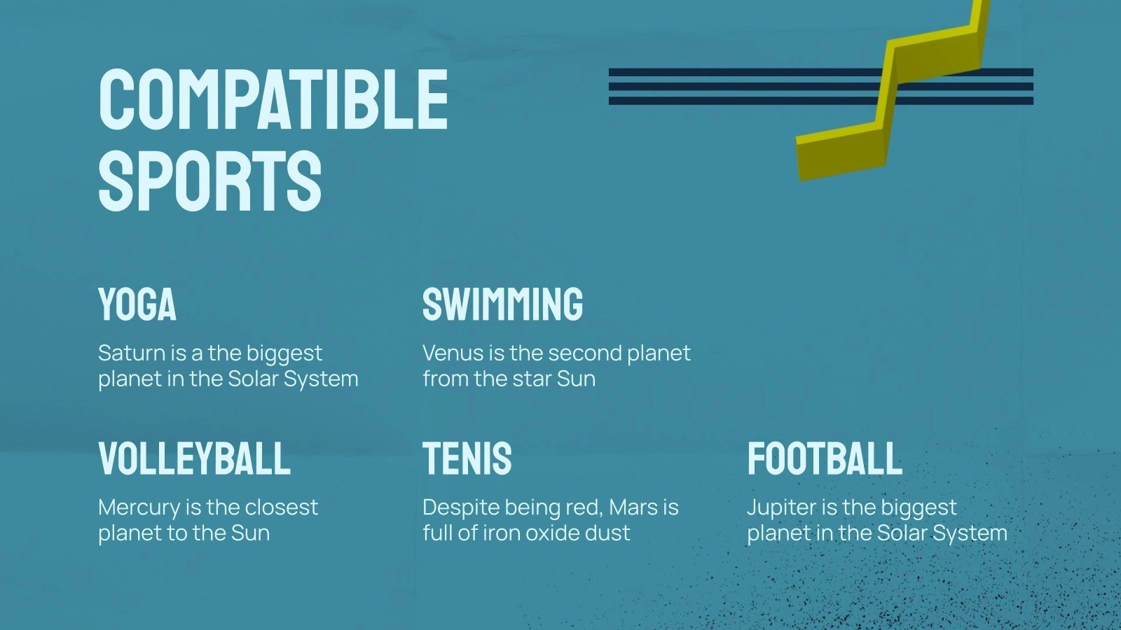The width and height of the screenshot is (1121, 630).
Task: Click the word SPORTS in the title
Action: click(209, 181)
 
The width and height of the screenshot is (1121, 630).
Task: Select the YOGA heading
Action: click(137, 304)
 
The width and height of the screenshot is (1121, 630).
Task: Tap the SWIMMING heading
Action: click(502, 304)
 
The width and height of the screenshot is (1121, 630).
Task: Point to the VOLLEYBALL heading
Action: click(194, 459)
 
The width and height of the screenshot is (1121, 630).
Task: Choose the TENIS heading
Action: click(467, 459)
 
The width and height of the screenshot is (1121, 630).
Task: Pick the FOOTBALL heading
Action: click(825, 459)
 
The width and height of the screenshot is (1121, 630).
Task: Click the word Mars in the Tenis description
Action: click(635, 507)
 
